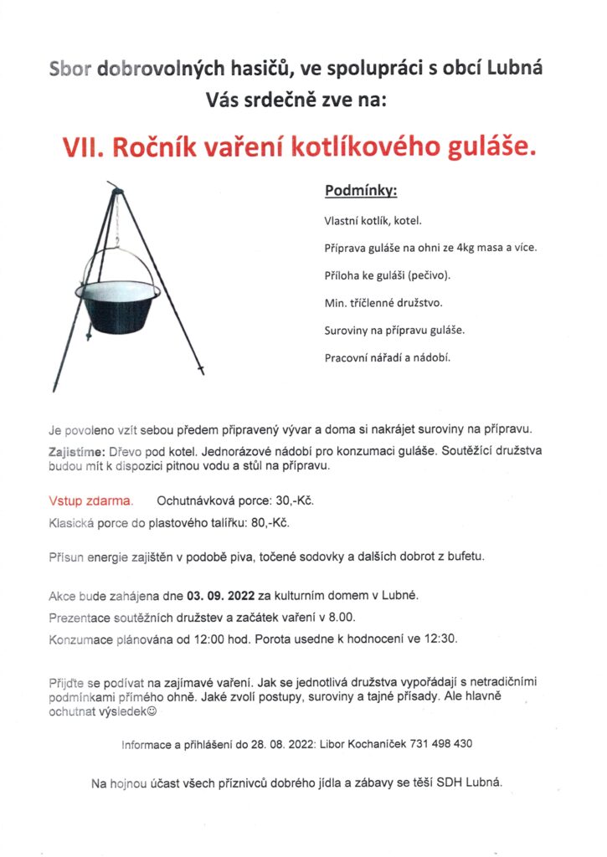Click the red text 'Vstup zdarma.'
coord(91,501)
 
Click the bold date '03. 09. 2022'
coord(223,597)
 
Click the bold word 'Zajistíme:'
coord(76,451)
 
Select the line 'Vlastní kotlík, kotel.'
coord(373,222)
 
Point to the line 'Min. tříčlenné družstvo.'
coord(383,302)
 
